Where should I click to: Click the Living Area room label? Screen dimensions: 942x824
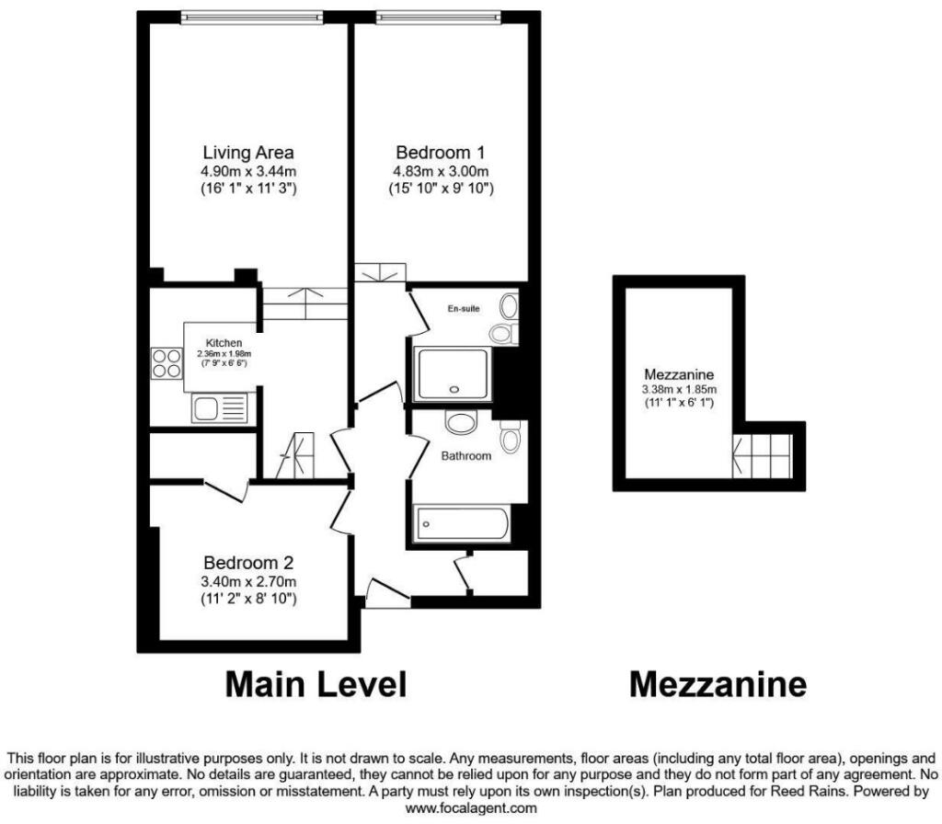click(x=248, y=153)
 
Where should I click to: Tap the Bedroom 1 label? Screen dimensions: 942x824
click(x=441, y=153)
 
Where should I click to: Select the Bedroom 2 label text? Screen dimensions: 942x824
click(x=248, y=563)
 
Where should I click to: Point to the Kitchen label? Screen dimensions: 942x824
click(x=224, y=343)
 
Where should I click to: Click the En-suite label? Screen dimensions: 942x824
click(x=464, y=309)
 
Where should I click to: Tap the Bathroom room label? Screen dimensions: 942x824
click(x=466, y=456)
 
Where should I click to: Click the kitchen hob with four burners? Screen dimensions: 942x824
click(x=167, y=363)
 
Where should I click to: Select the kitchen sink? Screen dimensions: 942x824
click(x=219, y=408)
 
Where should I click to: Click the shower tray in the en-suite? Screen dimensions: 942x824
click(x=454, y=374)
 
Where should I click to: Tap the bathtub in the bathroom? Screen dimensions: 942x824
click(x=463, y=523)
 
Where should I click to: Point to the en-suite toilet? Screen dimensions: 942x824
click(x=503, y=333)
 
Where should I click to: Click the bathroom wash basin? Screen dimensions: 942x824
click(x=461, y=421)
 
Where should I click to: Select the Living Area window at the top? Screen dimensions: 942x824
click(x=252, y=17)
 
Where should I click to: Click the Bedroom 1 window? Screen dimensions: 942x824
click(x=439, y=17)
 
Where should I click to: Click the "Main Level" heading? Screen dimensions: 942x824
click(x=316, y=684)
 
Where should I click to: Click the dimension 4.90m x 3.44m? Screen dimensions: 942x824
click(x=248, y=171)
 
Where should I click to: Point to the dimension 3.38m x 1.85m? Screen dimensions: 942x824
click(x=679, y=389)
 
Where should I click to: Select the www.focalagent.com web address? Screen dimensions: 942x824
click(x=471, y=808)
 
